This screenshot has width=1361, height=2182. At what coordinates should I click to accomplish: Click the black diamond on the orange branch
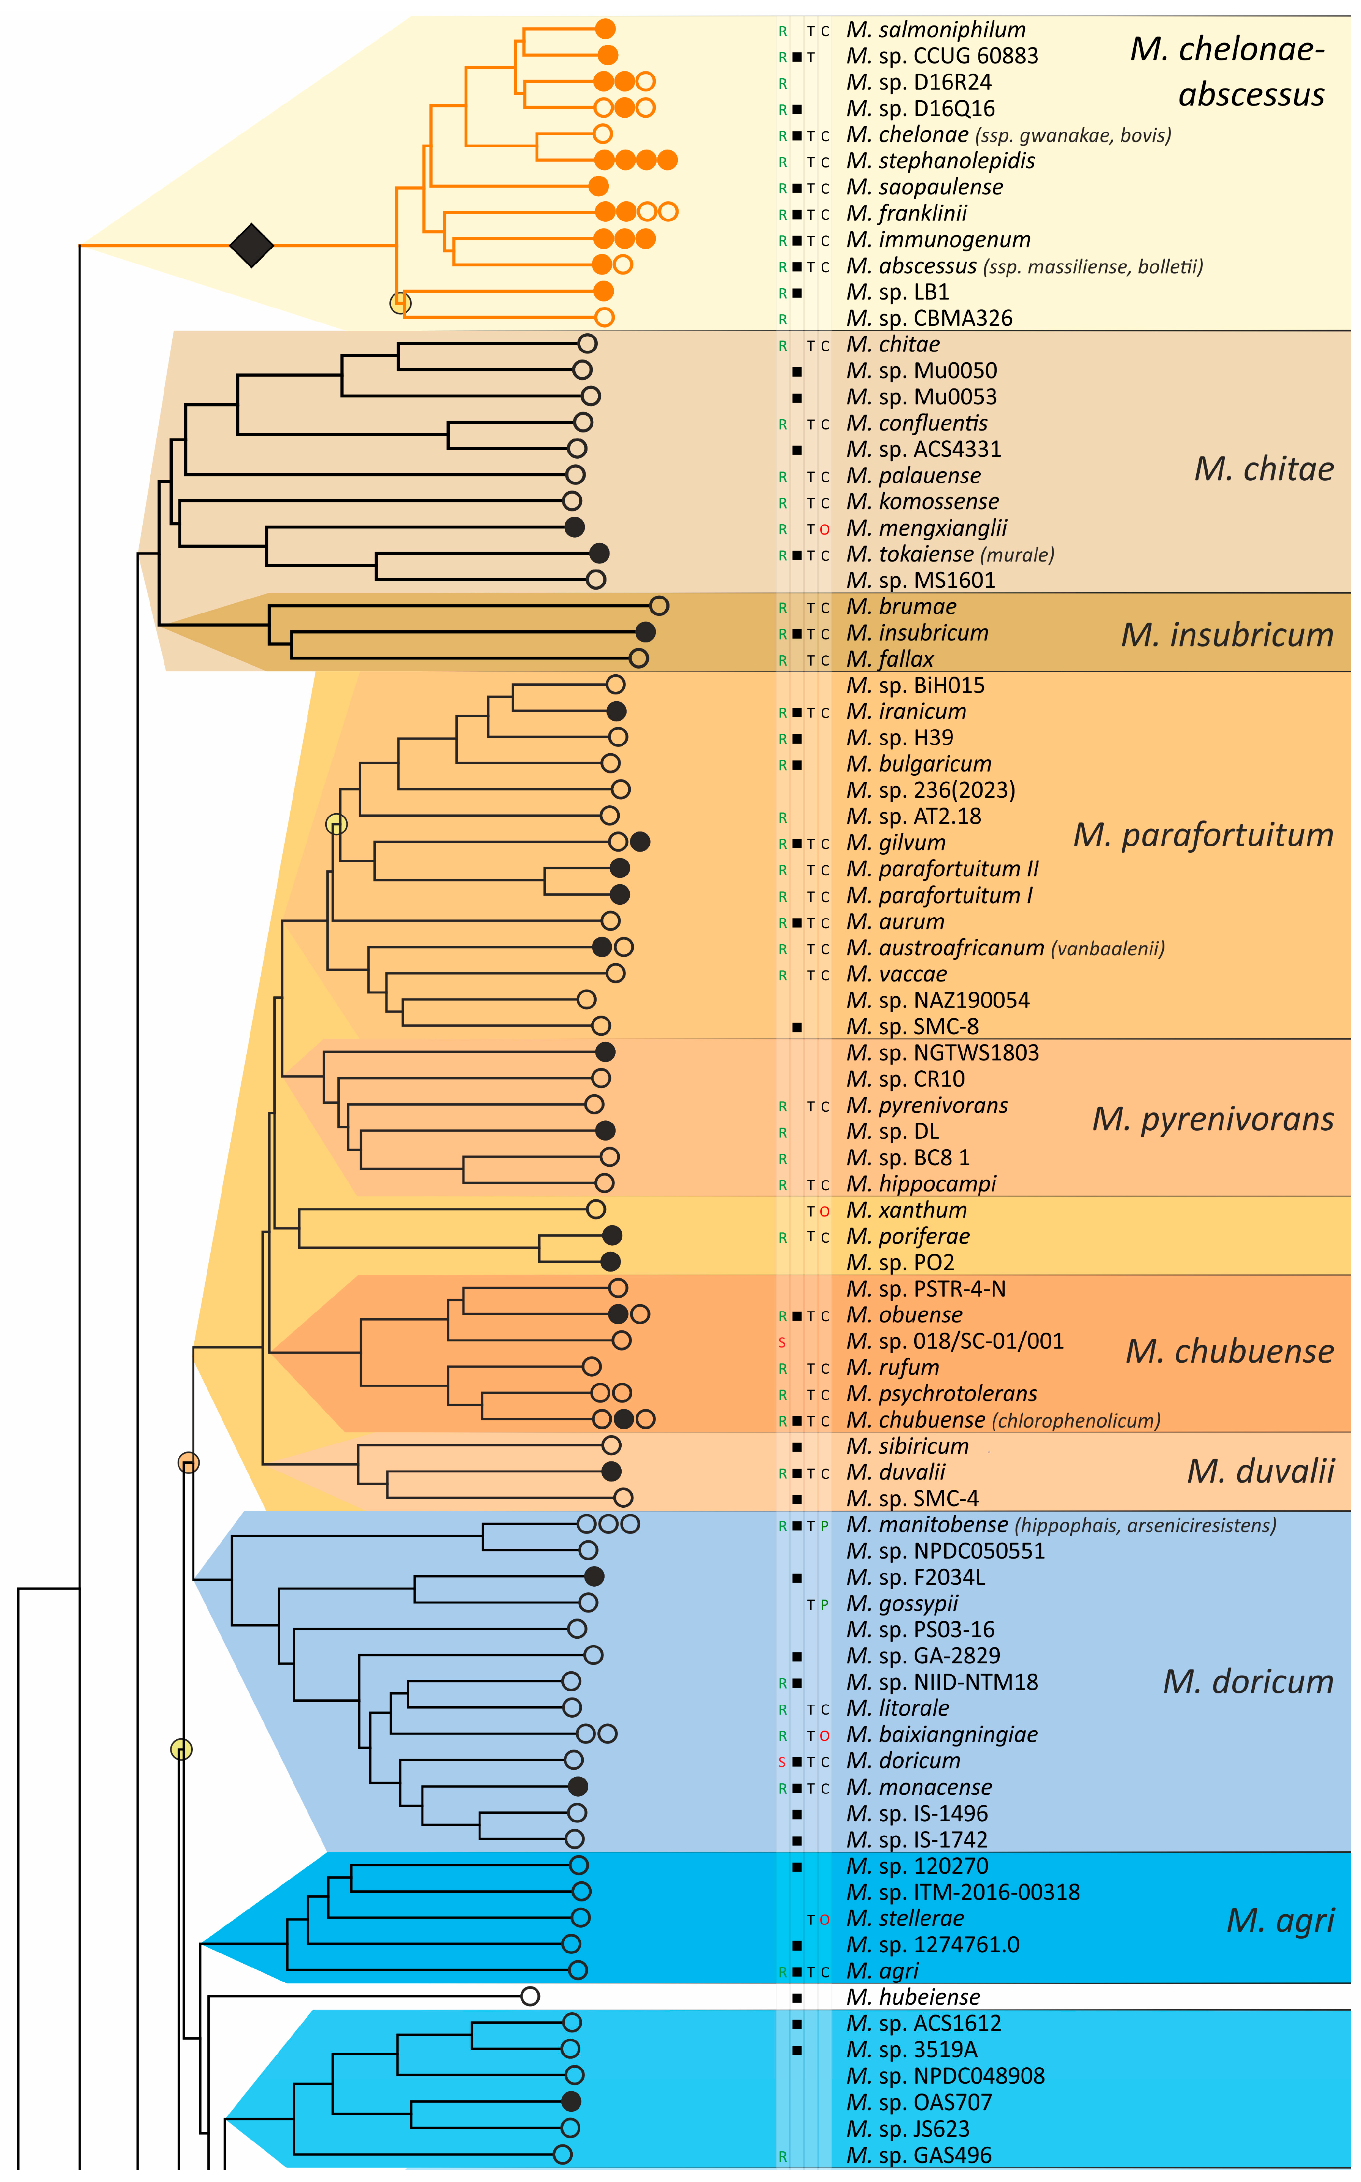251,245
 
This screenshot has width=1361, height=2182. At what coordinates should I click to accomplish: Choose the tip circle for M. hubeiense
530,1996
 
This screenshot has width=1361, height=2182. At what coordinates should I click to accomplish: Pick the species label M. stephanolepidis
940,161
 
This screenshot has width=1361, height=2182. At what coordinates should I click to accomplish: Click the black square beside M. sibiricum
797,1447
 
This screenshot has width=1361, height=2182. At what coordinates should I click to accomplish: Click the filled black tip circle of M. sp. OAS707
571,2102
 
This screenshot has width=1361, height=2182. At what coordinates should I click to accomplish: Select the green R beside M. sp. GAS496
782,2156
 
